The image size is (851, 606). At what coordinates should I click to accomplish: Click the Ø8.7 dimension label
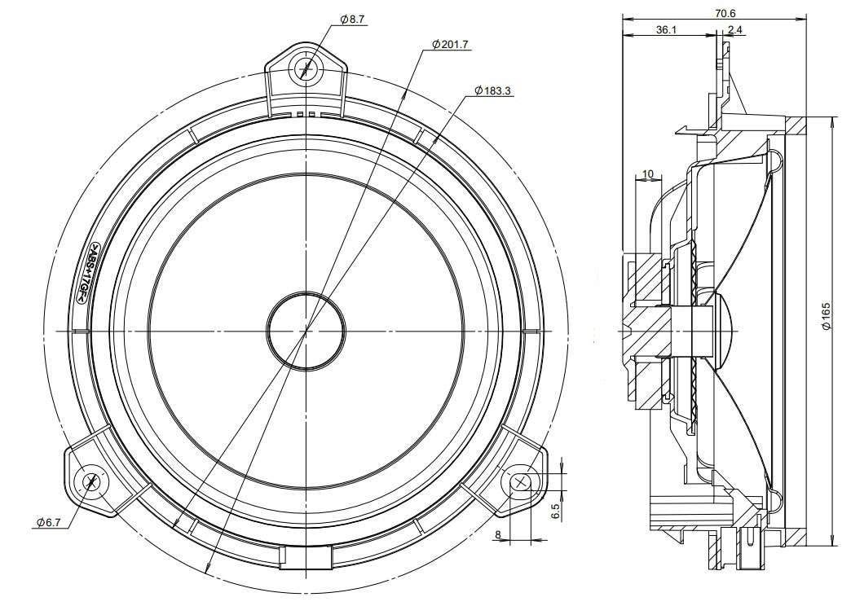pyautogui.click(x=353, y=20)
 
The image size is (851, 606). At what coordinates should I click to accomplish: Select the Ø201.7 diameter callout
pyautogui.click(x=450, y=45)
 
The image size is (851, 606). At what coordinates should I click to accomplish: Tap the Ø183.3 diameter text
pyautogui.click(x=493, y=91)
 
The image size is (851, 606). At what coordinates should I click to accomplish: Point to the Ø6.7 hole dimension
pyautogui.click(x=49, y=522)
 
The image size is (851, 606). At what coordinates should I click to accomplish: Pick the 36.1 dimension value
pyautogui.click(x=666, y=30)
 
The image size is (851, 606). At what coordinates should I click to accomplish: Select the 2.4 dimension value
pyautogui.click(x=735, y=30)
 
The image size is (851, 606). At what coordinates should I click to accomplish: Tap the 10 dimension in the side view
pyautogui.click(x=648, y=174)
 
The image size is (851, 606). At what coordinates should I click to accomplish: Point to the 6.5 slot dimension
pyautogui.click(x=554, y=512)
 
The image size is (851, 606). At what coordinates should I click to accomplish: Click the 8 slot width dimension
pyautogui.click(x=498, y=535)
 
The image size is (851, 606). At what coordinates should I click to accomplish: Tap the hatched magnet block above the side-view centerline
pyautogui.click(x=646, y=279)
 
